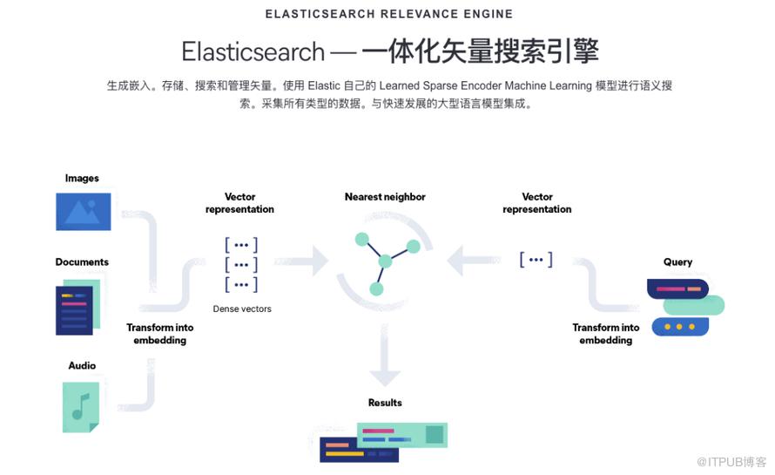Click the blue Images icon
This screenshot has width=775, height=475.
tap(84, 212)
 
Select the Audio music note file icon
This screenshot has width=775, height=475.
tap(81, 406)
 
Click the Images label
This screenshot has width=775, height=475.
tap(82, 179)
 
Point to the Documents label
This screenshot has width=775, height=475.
tap(82, 262)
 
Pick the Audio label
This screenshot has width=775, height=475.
tap(82, 366)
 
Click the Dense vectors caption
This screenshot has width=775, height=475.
tap(242, 309)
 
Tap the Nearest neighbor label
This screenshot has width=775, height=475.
tap(385, 197)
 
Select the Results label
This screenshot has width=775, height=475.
tap(385, 403)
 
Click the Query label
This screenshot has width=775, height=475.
tap(677, 262)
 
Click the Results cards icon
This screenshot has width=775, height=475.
tap(384, 441)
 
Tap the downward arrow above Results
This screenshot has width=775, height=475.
tap(384, 361)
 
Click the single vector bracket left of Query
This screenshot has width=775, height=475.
tap(536, 260)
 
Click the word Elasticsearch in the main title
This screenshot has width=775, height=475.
tap(253, 51)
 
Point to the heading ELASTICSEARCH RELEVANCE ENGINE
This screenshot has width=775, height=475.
tap(387, 14)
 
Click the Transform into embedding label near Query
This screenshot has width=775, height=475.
tap(606, 334)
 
